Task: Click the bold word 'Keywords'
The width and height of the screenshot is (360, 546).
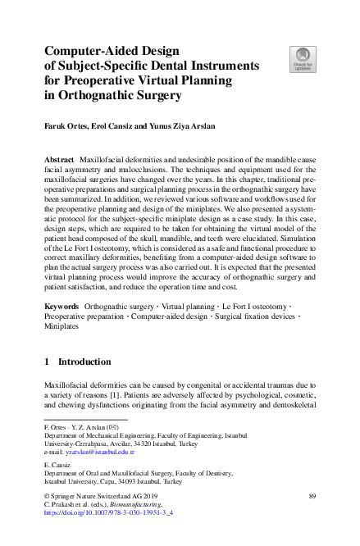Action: click(x=62, y=305)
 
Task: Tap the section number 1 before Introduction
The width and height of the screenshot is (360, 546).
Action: click(x=48, y=361)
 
